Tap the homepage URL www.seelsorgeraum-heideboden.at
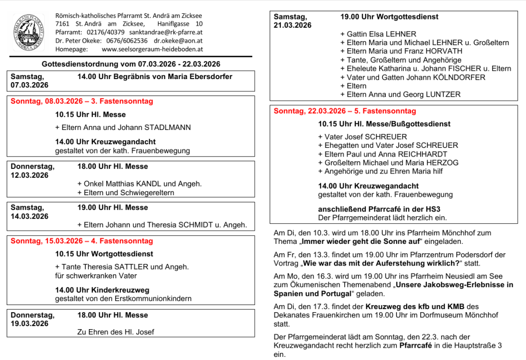(153, 49)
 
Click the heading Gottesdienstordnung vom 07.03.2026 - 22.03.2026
(131, 64)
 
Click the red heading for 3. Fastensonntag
(82, 101)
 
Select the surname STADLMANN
(167, 127)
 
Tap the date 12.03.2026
(29, 175)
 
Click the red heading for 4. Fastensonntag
(82, 241)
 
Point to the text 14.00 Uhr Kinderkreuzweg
(102, 290)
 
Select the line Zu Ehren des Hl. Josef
(116, 332)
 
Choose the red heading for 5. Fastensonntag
(345, 111)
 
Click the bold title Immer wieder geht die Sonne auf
(361, 241)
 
